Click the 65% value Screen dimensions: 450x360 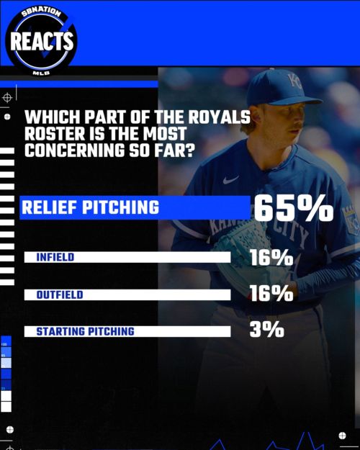[293, 208]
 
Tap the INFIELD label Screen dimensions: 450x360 [55, 257]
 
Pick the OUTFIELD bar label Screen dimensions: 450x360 [59, 294]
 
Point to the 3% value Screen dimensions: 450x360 [267, 330]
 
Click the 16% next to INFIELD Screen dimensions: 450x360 [271, 257]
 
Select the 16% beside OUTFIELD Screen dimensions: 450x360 [271, 294]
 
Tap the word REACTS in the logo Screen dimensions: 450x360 [42, 41]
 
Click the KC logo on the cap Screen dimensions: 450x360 [296, 81]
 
